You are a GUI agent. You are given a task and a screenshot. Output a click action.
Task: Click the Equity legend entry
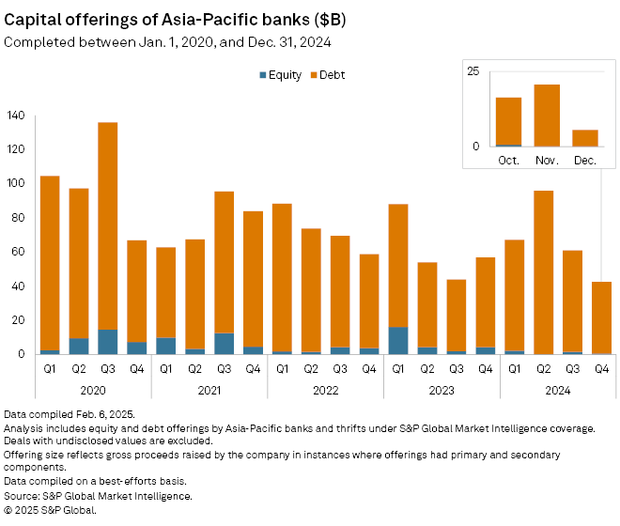point(281,75)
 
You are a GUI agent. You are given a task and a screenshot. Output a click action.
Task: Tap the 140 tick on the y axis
point(16,116)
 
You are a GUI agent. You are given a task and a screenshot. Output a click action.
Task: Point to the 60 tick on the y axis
point(19,252)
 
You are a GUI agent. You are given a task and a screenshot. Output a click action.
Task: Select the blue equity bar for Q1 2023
point(398,340)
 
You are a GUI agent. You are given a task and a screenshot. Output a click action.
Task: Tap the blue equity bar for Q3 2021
point(224,344)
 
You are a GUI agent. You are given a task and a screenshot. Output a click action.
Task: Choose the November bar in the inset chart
point(547,116)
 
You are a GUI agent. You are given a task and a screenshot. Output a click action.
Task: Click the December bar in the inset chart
point(585,138)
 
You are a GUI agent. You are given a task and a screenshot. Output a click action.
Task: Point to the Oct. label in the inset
point(508,160)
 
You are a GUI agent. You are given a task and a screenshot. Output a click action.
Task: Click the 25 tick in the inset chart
point(473,71)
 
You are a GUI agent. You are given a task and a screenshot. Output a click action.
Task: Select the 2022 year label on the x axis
point(325,389)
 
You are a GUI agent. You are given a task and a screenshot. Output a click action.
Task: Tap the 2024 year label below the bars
point(557,389)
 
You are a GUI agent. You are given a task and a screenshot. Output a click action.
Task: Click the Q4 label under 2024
point(600,368)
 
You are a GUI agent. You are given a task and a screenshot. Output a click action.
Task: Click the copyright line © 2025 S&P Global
point(51,510)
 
